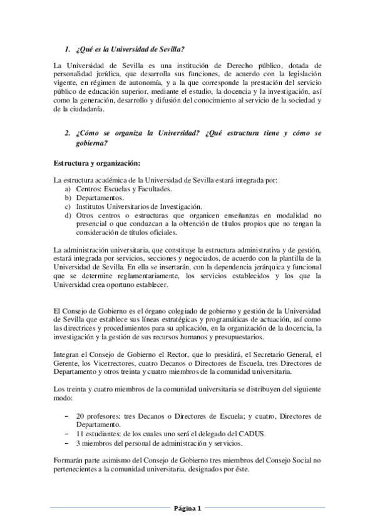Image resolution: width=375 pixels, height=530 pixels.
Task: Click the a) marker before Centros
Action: click(68, 188)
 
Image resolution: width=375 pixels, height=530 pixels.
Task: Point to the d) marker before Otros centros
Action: click(68, 214)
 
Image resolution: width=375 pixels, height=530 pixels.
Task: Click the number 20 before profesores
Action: click(80, 415)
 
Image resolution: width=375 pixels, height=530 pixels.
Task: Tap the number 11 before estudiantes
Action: click(80, 432)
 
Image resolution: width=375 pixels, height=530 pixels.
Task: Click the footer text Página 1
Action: click(187, 508)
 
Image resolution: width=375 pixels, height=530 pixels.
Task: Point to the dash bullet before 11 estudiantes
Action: click(67, 432)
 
